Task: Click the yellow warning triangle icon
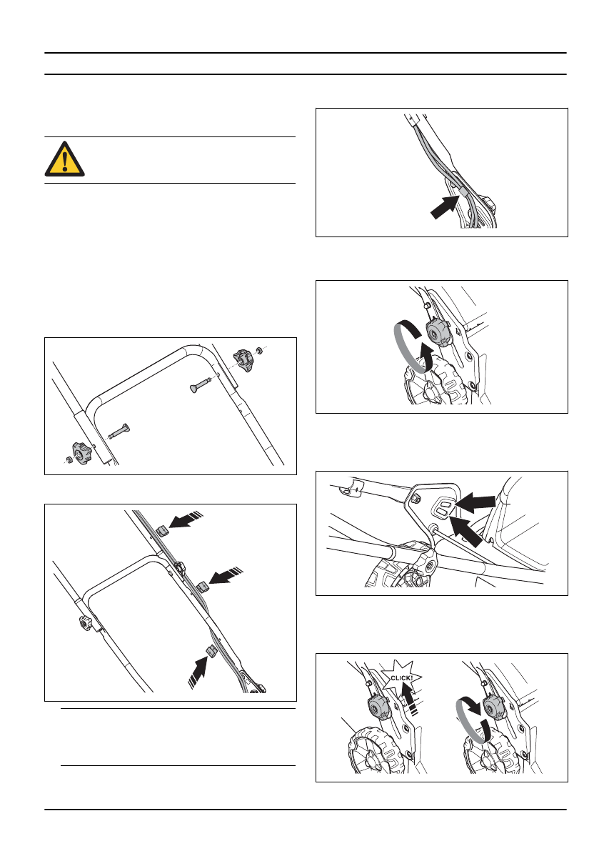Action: coord(64,159)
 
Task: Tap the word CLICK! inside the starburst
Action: coord(402,678)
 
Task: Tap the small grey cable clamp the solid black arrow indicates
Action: coord(465,192)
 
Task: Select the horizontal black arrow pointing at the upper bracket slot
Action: coord(475,502)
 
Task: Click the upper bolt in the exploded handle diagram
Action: coord(201,384)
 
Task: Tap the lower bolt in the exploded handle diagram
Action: coord(119,431)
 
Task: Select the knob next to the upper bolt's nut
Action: coord(243,359)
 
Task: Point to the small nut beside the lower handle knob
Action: coord(69,461)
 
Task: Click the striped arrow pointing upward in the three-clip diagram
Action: coord(198,672)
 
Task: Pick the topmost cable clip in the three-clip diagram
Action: coord(162,529)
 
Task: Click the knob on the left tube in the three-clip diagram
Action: coord(86,624)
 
